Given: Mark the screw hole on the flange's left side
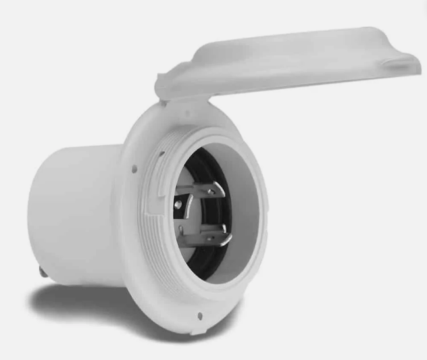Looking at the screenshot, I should coord(134,169).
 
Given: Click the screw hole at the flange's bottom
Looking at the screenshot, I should coord(200,315).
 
